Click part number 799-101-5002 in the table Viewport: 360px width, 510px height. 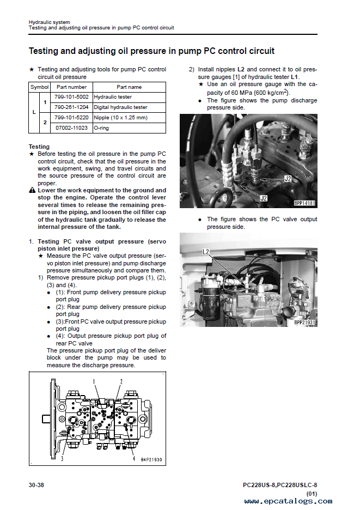(71, 97)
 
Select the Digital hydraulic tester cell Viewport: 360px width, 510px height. (120, 107)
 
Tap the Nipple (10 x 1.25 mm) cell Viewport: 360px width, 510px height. (120, 118)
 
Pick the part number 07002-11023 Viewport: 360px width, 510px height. (71, 128)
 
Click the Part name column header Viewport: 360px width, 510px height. (129, 87)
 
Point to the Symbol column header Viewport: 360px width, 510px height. (39, 87)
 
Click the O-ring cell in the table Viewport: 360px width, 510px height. (102, 128)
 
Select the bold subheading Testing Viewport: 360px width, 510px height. (39, 147)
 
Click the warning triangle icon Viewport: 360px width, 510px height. (32, 191)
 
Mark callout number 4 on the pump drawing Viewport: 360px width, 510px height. (133, 459)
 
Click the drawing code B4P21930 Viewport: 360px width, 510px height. (151, 460)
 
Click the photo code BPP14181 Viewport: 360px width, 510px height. (305, 203)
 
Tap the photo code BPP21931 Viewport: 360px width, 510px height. (305, 323)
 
